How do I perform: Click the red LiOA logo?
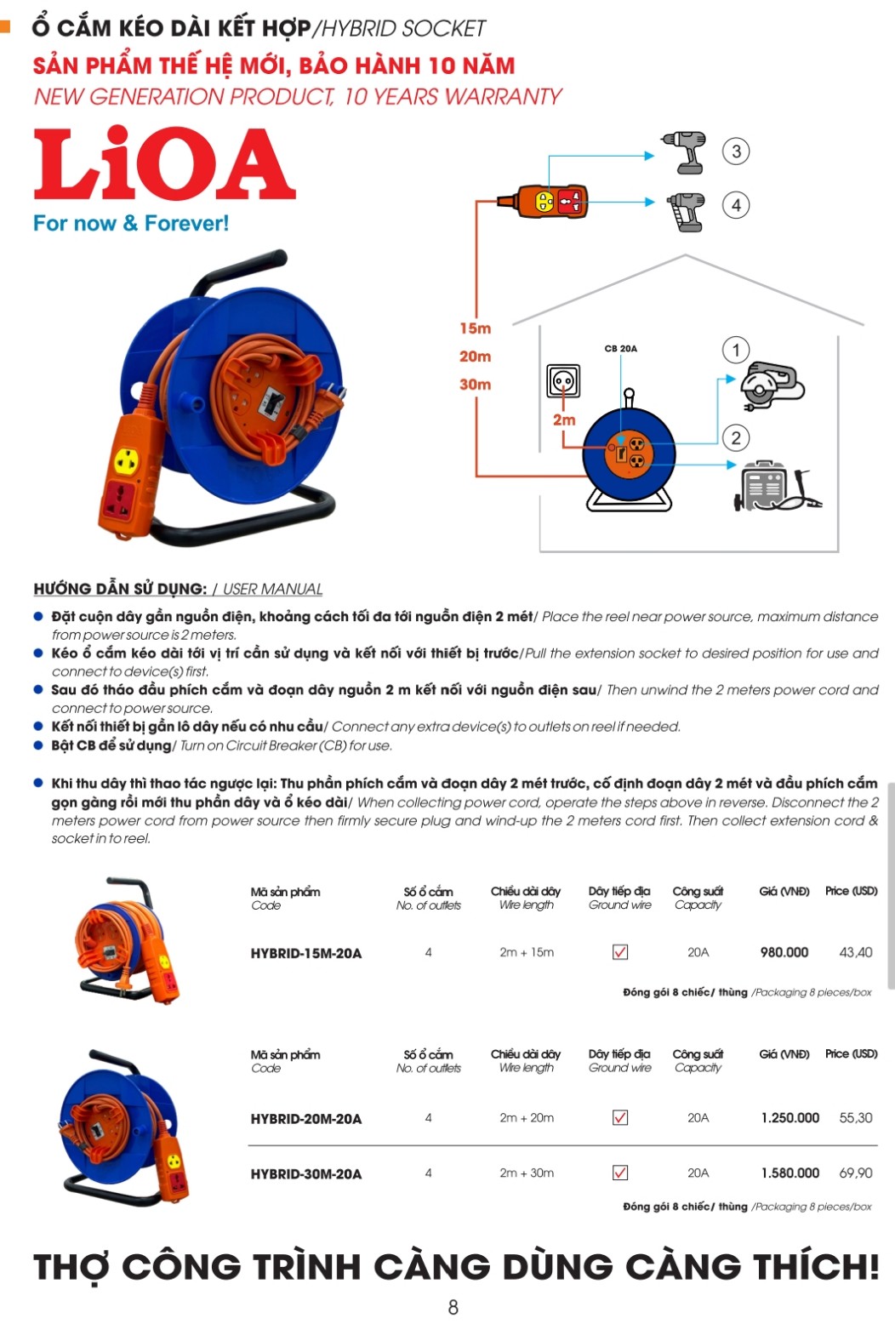tap(164, 164)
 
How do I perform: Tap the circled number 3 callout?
tap(736, 151)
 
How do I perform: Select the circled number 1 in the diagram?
tap(736, 350)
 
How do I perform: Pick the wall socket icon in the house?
tap(563, 380)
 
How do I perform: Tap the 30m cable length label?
tap(476, 385)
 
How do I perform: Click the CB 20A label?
tap(621, 349)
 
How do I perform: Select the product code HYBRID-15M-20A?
tap(306, 953)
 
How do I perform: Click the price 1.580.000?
tap(790, 1173)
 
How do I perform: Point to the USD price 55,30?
tap(856, 1117)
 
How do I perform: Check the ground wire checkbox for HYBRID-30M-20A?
tap(620, 1173)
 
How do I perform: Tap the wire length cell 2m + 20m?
tap(527, 1117)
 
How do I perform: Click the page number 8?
tap(453, 1306)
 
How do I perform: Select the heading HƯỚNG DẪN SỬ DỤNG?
tap(120, 589)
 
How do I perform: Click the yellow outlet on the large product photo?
tap(127, 462)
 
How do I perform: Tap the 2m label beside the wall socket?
tap(564, 420)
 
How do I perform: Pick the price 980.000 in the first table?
tap(784, 952)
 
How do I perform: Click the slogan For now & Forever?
tap(131, 224)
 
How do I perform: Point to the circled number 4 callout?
tap(736, 205)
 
